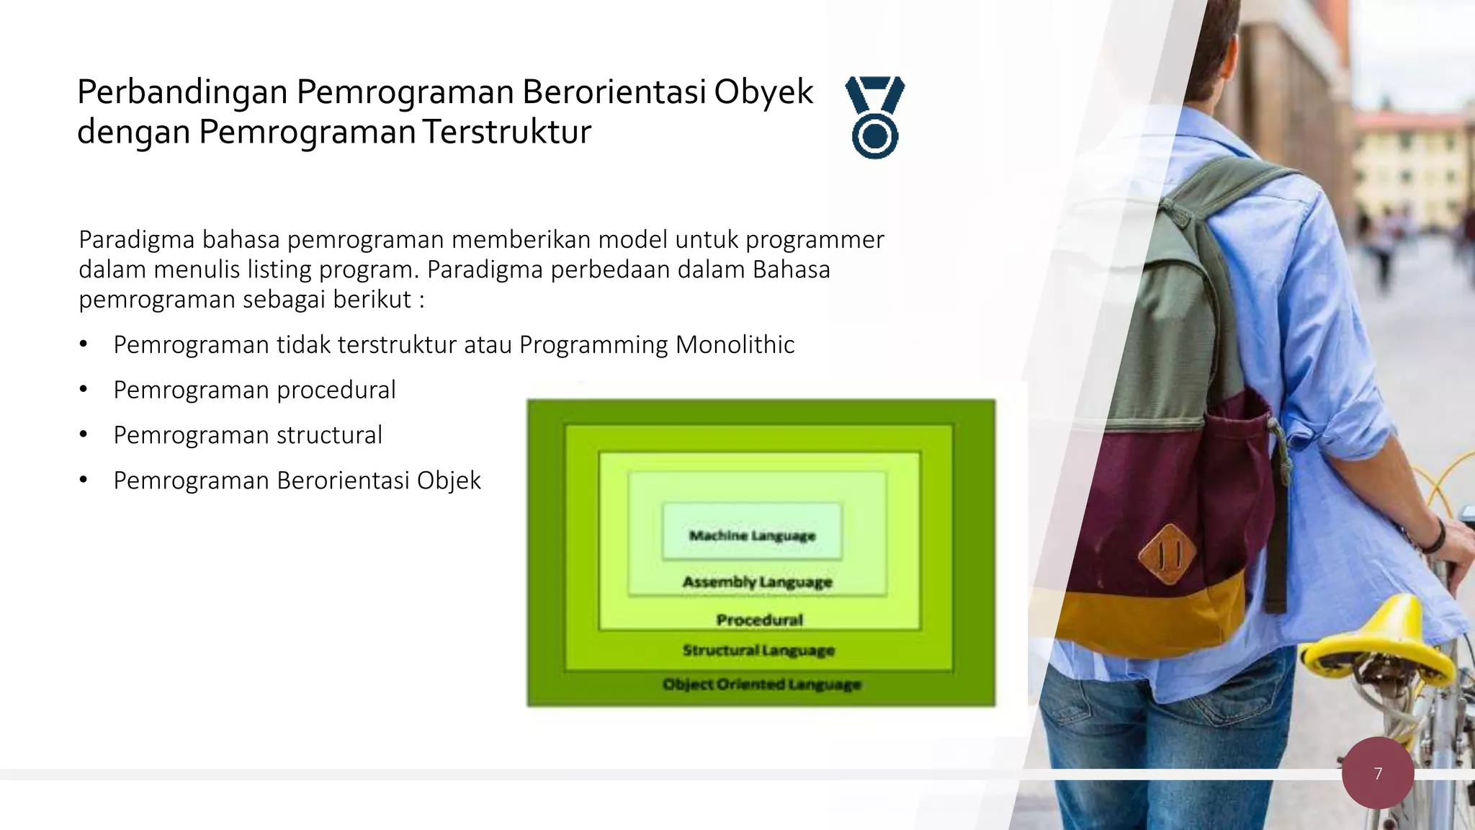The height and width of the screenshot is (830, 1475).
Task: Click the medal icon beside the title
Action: pos(875,117)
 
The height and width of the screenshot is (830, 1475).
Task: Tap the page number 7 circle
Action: pos(1378,773)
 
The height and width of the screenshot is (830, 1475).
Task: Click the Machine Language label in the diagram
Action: pos(752,535)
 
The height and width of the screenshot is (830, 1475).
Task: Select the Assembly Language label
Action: pos(757,581)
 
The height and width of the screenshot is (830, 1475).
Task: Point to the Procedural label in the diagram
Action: pos(759,620)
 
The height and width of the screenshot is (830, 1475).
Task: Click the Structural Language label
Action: pos(758,650)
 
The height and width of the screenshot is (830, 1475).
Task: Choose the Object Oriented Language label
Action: pos(761,684)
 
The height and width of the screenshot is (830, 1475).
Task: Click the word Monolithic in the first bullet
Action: pos(735,344)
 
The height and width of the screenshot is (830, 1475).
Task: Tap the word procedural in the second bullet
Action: pos(336,390)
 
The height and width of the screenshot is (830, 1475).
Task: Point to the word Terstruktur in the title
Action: pos(506,132)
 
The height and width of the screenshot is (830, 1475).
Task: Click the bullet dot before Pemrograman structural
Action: pos(84,435)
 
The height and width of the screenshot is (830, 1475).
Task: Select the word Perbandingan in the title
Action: pos(182,92)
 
